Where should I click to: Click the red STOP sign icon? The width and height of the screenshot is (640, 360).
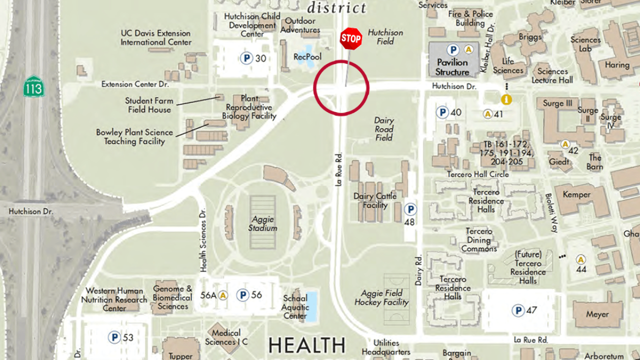351,38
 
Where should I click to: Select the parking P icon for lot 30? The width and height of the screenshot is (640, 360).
246,58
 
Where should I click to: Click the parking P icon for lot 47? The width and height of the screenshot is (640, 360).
518,310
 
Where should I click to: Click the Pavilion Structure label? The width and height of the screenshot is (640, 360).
452,67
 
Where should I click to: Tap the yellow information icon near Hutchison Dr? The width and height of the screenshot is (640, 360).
506,99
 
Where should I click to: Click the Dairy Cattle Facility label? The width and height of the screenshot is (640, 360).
375,200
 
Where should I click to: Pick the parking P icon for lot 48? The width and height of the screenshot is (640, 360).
410,209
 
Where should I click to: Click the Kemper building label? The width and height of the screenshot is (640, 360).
576,194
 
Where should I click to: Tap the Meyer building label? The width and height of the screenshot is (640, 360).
597,314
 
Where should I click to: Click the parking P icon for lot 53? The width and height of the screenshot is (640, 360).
114,337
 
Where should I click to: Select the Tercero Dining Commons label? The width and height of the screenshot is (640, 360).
479,240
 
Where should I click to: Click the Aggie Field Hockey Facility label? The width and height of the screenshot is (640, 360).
381,297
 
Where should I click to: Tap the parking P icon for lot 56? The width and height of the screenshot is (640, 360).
242,295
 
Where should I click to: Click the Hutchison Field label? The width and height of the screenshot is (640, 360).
385,37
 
